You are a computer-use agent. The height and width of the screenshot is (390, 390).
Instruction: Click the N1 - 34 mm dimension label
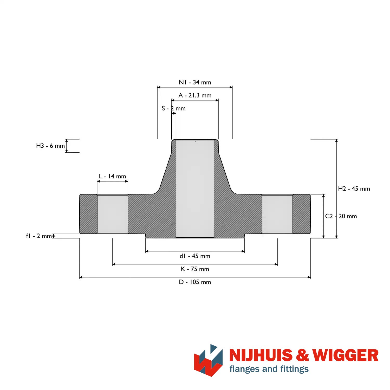click(x=195, y=82)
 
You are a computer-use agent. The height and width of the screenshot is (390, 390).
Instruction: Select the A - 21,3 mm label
click(x=195, y=95)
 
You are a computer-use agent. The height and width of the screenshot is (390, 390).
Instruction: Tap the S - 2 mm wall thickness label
click(x=174, y=108)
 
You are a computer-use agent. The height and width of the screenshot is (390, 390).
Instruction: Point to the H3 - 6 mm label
click(x=50, y=146)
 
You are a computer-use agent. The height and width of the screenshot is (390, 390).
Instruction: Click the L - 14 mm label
click(x=113, y=176)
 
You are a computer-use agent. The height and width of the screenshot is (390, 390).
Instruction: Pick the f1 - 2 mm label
click(x=39, y=236)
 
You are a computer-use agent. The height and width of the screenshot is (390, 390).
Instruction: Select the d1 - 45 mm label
click(x=195, y=256)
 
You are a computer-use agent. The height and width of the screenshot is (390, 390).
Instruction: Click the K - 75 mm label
click(x=195, y=269)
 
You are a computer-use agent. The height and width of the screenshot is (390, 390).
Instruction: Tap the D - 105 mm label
click(x=195, y=282)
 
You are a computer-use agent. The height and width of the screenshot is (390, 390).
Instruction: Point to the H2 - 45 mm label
click(x=354, y=189)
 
